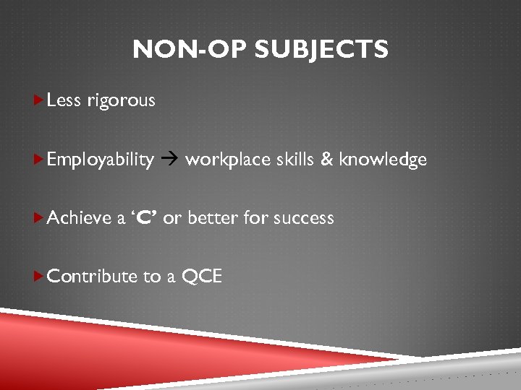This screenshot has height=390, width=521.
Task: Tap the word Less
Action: [x=64, y=100]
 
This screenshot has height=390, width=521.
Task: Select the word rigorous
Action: [x=121, y=101]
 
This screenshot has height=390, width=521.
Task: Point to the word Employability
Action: [x=100, y=160]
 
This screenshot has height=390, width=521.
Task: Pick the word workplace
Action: [x=227, y=160]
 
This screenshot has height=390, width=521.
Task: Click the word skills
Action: [x=294, y=159]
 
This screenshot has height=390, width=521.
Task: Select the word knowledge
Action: [x=383, y=160]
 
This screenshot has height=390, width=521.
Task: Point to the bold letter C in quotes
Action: [x=143, y=217]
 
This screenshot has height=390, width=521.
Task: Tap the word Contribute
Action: [x=91, y=276]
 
